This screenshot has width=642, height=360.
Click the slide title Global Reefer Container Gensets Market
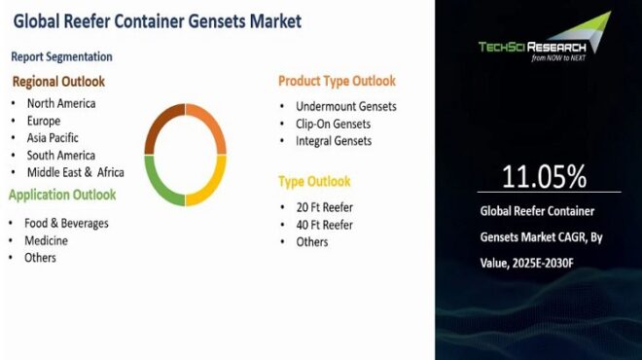(x=157, y=21)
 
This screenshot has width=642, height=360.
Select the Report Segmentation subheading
(x=62, y=57)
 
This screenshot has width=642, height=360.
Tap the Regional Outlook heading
(x=58, y=82)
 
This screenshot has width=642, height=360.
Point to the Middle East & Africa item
(x=75, y=172)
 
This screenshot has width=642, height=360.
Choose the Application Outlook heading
(x=62, y=195)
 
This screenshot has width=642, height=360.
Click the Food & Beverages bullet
(x=67, y=223)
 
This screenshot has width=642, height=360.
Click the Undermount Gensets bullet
(x=345, y=106)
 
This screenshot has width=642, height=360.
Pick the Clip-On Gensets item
(x=334, y=124)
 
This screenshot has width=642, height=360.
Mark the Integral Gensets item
(x=334, y=141)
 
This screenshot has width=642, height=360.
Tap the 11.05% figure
(x=544, y=176)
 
